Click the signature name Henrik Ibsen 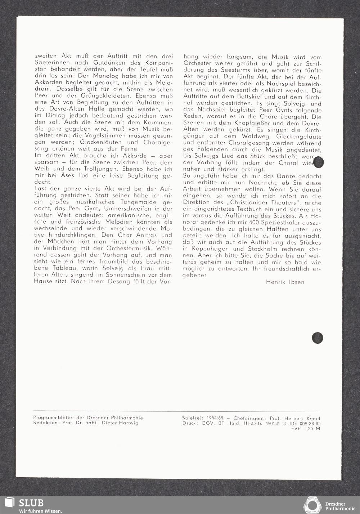(285, 282)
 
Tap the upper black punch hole (319, 162)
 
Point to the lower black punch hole (317, 338)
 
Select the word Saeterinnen (50, 63)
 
